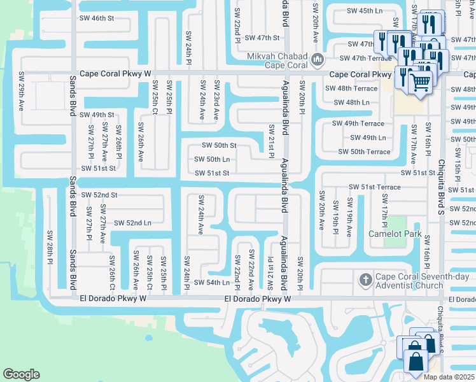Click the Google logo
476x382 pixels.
point(22,374)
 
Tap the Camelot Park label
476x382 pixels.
point(395,234)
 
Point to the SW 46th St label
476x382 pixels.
point(97,19)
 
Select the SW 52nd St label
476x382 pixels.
point(99,195)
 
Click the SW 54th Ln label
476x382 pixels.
point(212,283)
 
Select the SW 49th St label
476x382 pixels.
point(97,115)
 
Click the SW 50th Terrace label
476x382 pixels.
point(364,152)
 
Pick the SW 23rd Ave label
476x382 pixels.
point(216,99)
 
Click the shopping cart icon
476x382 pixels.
point(419,81)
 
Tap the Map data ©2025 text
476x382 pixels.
point(448,377)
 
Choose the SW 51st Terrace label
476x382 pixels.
point(375,187)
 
